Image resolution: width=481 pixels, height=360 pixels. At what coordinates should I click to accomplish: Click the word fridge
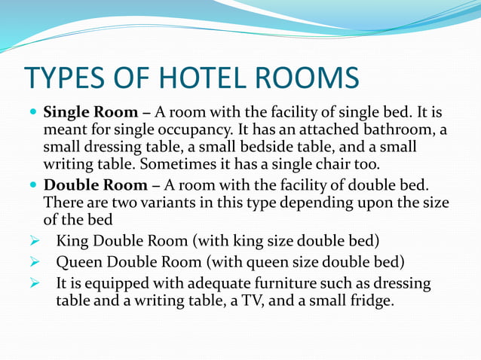click(370, 301)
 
